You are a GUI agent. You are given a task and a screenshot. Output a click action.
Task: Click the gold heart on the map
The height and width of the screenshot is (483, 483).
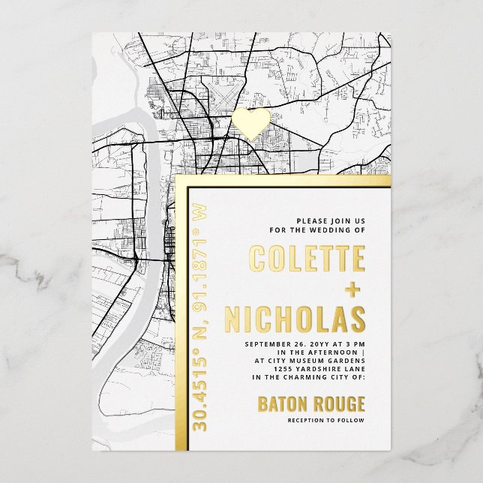click(250, 121)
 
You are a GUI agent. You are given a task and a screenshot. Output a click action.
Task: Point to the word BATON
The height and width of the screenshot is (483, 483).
click(282, 404)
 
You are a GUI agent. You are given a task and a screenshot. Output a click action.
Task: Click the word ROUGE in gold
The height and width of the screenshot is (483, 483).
click(337, 404)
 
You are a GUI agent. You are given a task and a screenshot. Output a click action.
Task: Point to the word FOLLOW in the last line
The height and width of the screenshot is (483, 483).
click(350, 421)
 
